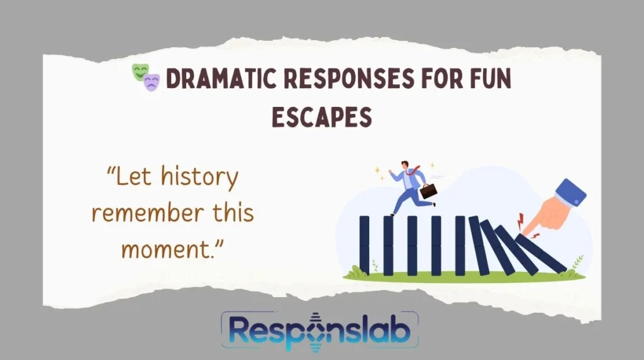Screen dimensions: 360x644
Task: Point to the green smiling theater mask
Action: click(140, 72)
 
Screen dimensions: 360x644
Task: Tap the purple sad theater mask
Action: click(152, 82)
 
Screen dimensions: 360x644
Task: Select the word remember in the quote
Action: click(148, 213)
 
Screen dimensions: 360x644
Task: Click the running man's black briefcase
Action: click(428, 191)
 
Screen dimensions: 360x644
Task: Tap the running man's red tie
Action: click(413, 171)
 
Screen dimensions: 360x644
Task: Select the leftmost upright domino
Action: click(364, 245)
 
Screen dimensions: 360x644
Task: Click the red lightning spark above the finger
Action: click(520, 220)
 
